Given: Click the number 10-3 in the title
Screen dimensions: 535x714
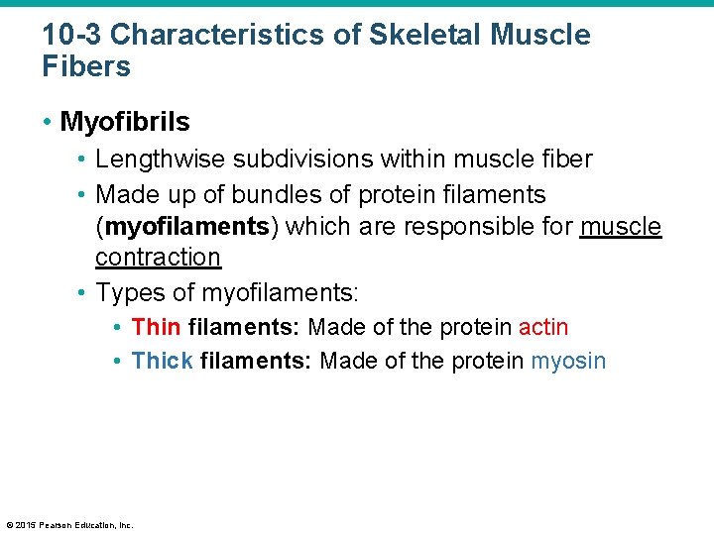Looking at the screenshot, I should [x=71, y=36].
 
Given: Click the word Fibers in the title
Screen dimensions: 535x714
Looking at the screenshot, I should [x=86, y=67].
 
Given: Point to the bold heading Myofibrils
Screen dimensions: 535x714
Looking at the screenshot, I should [x=125, y=122].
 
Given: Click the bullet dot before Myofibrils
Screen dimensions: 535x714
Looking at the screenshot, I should [x=49, y=123].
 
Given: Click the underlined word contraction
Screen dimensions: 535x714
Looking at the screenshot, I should [x=158, y=258].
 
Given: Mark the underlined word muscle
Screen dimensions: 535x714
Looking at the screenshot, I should [x=621, y=226].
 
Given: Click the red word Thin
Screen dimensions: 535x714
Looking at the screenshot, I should [x=156, y=327].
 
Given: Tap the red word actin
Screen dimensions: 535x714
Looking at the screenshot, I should [x=543, y=327].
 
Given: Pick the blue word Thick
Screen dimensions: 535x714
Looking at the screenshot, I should [x=162, y=361].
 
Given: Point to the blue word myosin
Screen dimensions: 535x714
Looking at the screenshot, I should [x=568, y=361].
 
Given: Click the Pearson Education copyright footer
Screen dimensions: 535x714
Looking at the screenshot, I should [x=69, y=524].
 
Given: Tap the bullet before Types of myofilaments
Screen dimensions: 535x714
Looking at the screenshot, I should [x=82, y=294].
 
